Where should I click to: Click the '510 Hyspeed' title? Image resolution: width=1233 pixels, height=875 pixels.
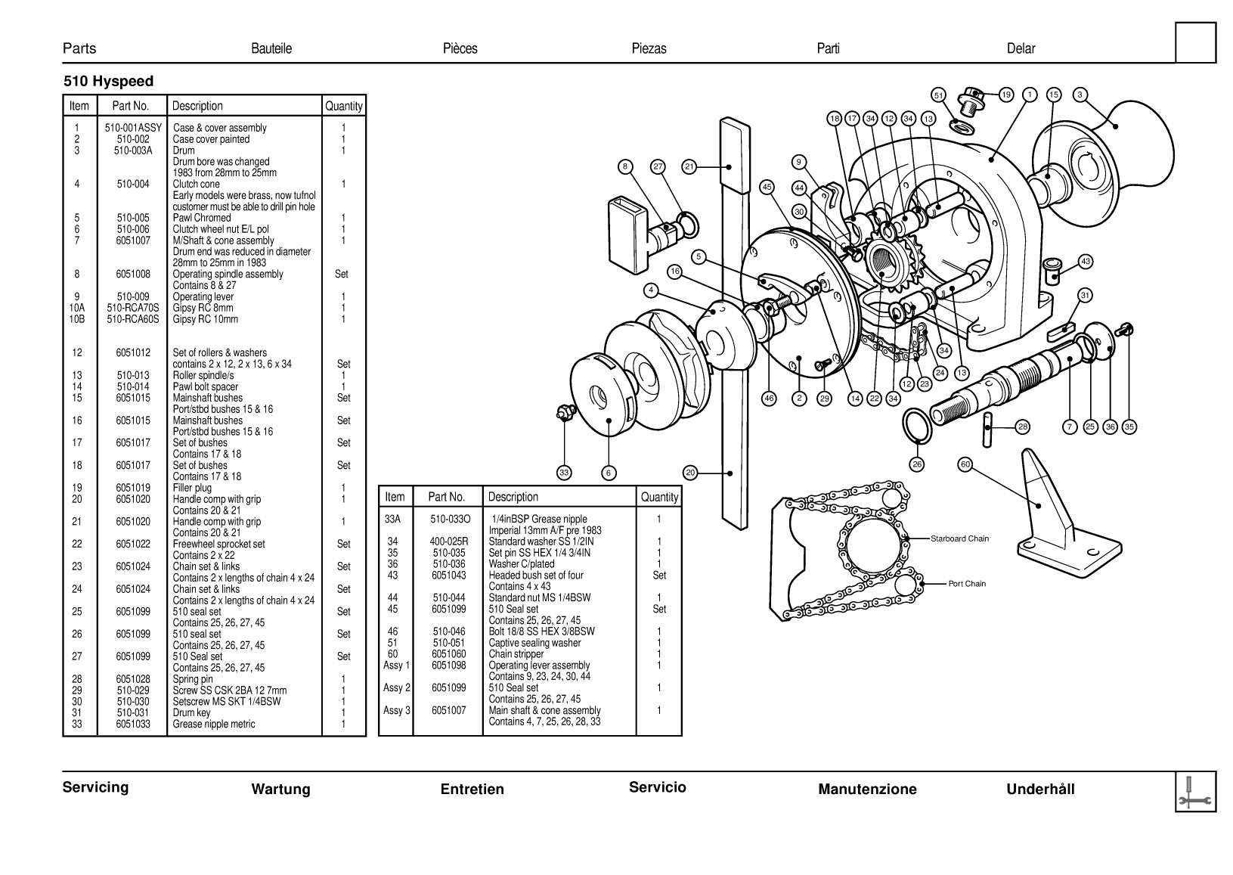[x=108, y=82]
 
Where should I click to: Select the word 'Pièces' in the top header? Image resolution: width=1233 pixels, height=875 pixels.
[x=460, y=48]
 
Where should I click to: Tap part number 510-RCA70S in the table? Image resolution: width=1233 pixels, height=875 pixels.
[x=133, y=308]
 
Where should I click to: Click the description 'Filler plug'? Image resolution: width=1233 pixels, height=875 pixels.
[x=192, y=488]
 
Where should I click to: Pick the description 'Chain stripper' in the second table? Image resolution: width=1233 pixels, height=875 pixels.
[x=516, y=654]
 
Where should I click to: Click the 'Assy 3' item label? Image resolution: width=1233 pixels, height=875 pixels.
[x=397, y=710]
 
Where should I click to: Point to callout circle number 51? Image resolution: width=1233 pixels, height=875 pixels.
[x=938, y=95]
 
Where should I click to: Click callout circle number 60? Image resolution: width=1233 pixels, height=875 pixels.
[x=965, y=464]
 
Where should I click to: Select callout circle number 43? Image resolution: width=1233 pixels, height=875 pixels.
[x=1086, y=262]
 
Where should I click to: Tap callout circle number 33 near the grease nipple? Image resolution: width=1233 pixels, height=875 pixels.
[x=564, y=473]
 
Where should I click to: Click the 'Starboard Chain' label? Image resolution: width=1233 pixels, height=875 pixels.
[x=959, y=539]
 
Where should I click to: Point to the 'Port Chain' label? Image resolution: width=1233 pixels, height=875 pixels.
[x=967, y=584]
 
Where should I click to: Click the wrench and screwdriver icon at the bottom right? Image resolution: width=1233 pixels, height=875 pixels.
[x=1196, y=792]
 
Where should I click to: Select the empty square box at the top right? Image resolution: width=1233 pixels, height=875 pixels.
[x=1196, y=42]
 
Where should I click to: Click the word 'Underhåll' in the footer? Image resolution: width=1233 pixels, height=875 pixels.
[x=1039, y=790]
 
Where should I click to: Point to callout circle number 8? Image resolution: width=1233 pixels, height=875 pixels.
[x=625, y=166]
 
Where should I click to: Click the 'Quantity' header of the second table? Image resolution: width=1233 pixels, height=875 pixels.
[x=658, y=497]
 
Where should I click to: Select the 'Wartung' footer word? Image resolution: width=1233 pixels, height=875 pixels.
[x=280, y=790]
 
